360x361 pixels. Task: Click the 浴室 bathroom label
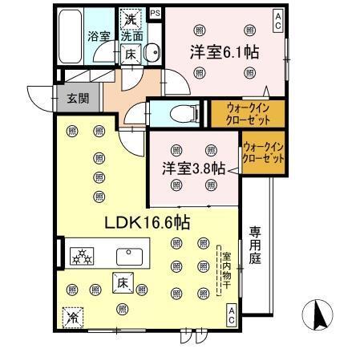[x=98, y=36]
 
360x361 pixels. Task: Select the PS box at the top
[x=154, y=14]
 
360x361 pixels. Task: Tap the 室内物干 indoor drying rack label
[x=225, y=269]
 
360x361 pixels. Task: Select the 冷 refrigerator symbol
[x=72, y=317]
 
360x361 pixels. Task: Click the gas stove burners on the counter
[x=82, y=256]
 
